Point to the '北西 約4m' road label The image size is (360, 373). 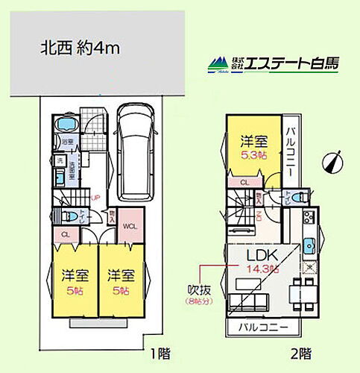click(80, 49)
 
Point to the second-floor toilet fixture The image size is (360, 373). click(297, 197)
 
